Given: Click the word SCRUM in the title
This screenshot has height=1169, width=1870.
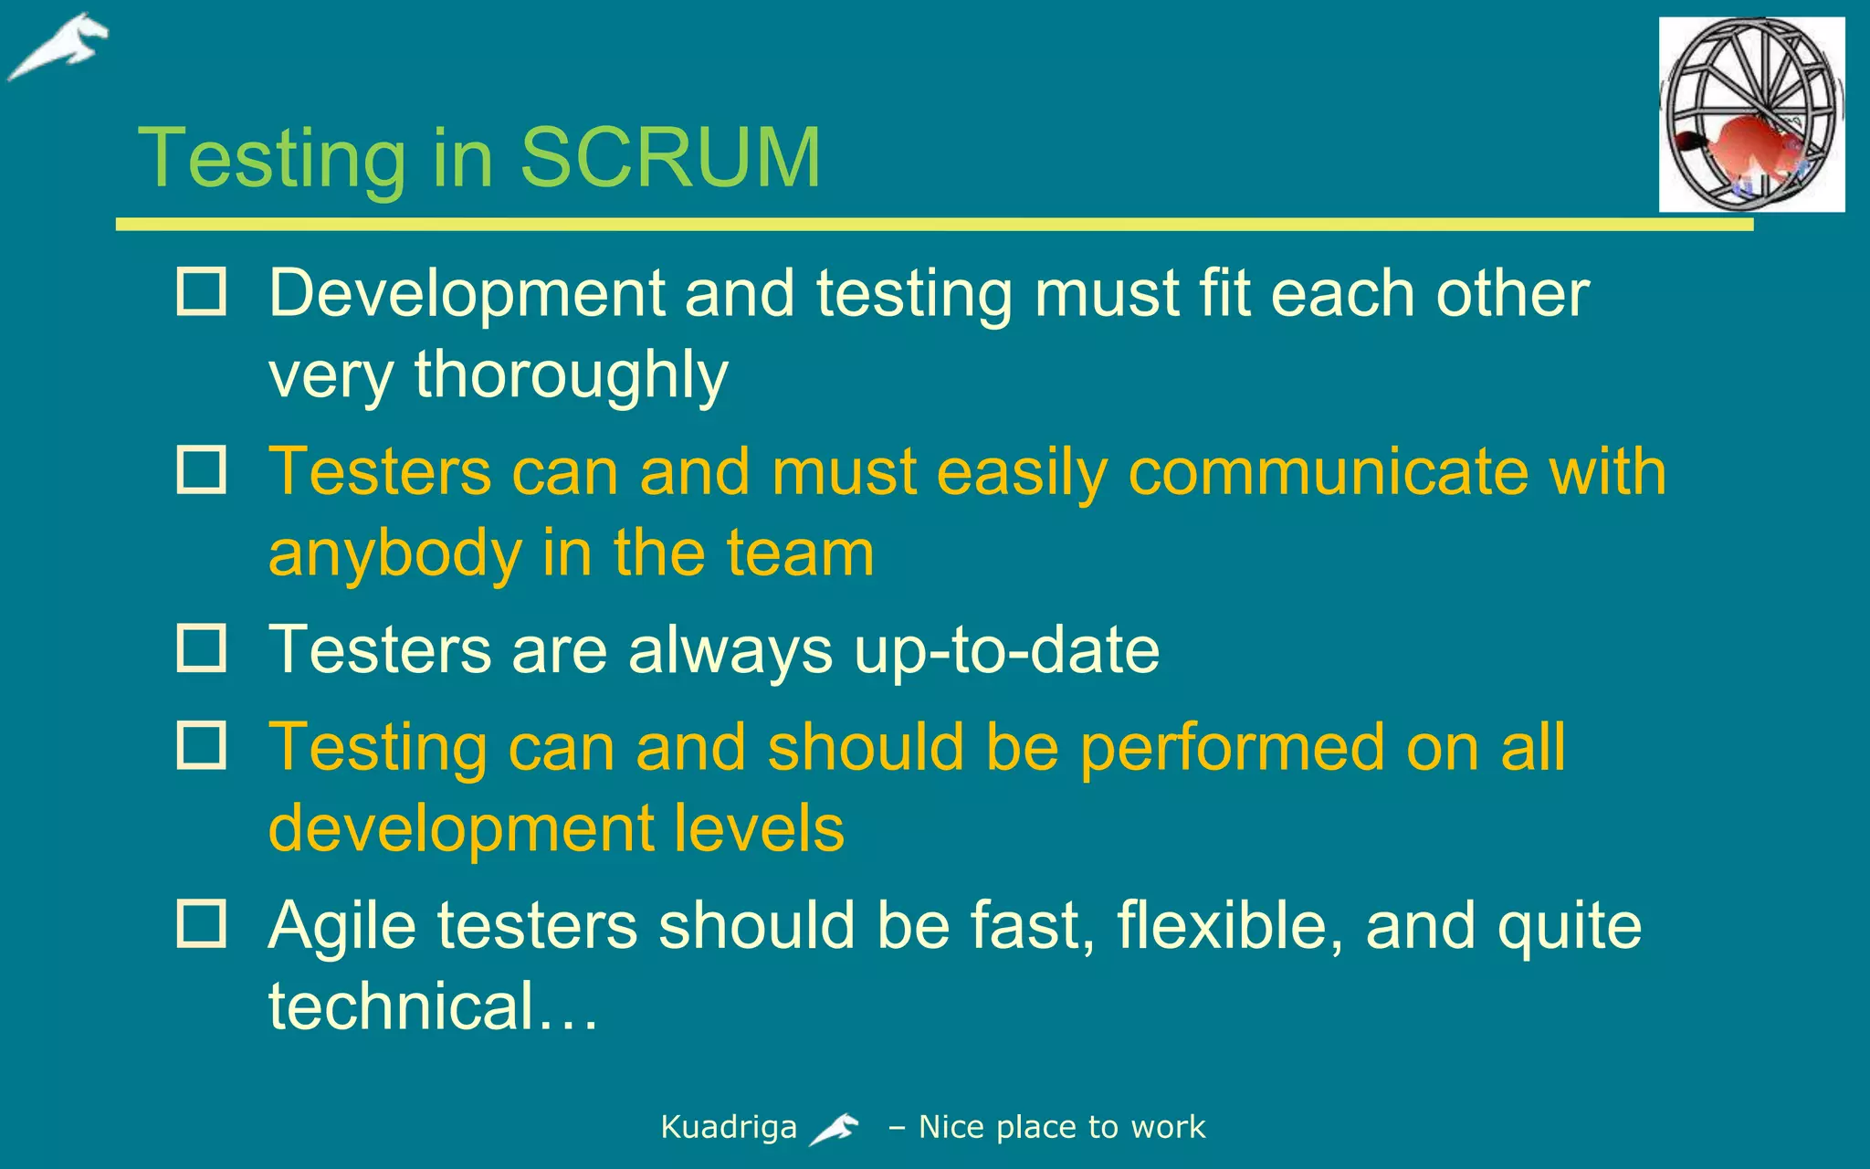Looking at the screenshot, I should click(670, 157).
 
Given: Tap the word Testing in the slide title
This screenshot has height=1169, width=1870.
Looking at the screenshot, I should click(271, 160).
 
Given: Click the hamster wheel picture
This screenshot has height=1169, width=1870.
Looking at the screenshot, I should click(1751, 114).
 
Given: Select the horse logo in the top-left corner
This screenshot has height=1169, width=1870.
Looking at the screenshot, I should click(58, 47).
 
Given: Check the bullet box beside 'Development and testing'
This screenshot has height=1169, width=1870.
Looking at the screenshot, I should click(201, 292).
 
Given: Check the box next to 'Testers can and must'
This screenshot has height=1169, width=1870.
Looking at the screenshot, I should click(201, 470).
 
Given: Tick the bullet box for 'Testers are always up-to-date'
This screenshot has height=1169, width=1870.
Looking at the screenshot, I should click(201, 648).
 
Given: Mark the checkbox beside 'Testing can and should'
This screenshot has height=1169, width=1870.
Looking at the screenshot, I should click(201, 745).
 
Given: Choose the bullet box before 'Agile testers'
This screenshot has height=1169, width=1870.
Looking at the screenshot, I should click(201, 923).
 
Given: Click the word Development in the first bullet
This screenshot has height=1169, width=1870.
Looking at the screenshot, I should click(467, 294).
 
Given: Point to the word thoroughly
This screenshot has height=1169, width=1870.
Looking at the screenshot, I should click(571, 375).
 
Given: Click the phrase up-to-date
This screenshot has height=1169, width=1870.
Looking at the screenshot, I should click(1006, 651).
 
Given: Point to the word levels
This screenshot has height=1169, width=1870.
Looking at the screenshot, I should click(759, 828).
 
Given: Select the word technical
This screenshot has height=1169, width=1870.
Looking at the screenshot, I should click(401, 1006).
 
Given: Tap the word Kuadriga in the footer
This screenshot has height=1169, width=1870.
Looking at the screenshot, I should click(729, 1128).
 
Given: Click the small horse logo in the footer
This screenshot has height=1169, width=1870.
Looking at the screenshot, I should click(834, 1129).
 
